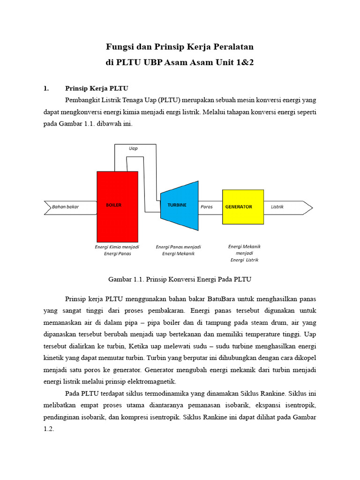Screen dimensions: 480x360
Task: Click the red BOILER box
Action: (x=117, y=206)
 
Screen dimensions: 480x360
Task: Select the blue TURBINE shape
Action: (x=179, y=206)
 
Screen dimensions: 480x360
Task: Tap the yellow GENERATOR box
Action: (x=243, y=207)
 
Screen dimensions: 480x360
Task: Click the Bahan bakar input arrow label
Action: (x=66, y=207)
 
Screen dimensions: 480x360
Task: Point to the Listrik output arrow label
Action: (x=277, y=207)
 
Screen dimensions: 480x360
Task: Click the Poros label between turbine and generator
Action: (x=206, y=207)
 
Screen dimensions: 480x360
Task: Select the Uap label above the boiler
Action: (x=134, y=148)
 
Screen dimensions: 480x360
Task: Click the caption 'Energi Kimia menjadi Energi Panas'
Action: (x=117, y=250)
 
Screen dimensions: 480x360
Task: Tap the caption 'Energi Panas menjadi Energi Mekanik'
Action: (x=178, y=250)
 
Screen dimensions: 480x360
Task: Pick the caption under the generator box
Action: (x=244, y=253)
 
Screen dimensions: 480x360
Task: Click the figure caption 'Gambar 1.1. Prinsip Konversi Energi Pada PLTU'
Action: (x=180, y=279)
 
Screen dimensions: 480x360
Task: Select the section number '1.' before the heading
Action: (x=46, y=88)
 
